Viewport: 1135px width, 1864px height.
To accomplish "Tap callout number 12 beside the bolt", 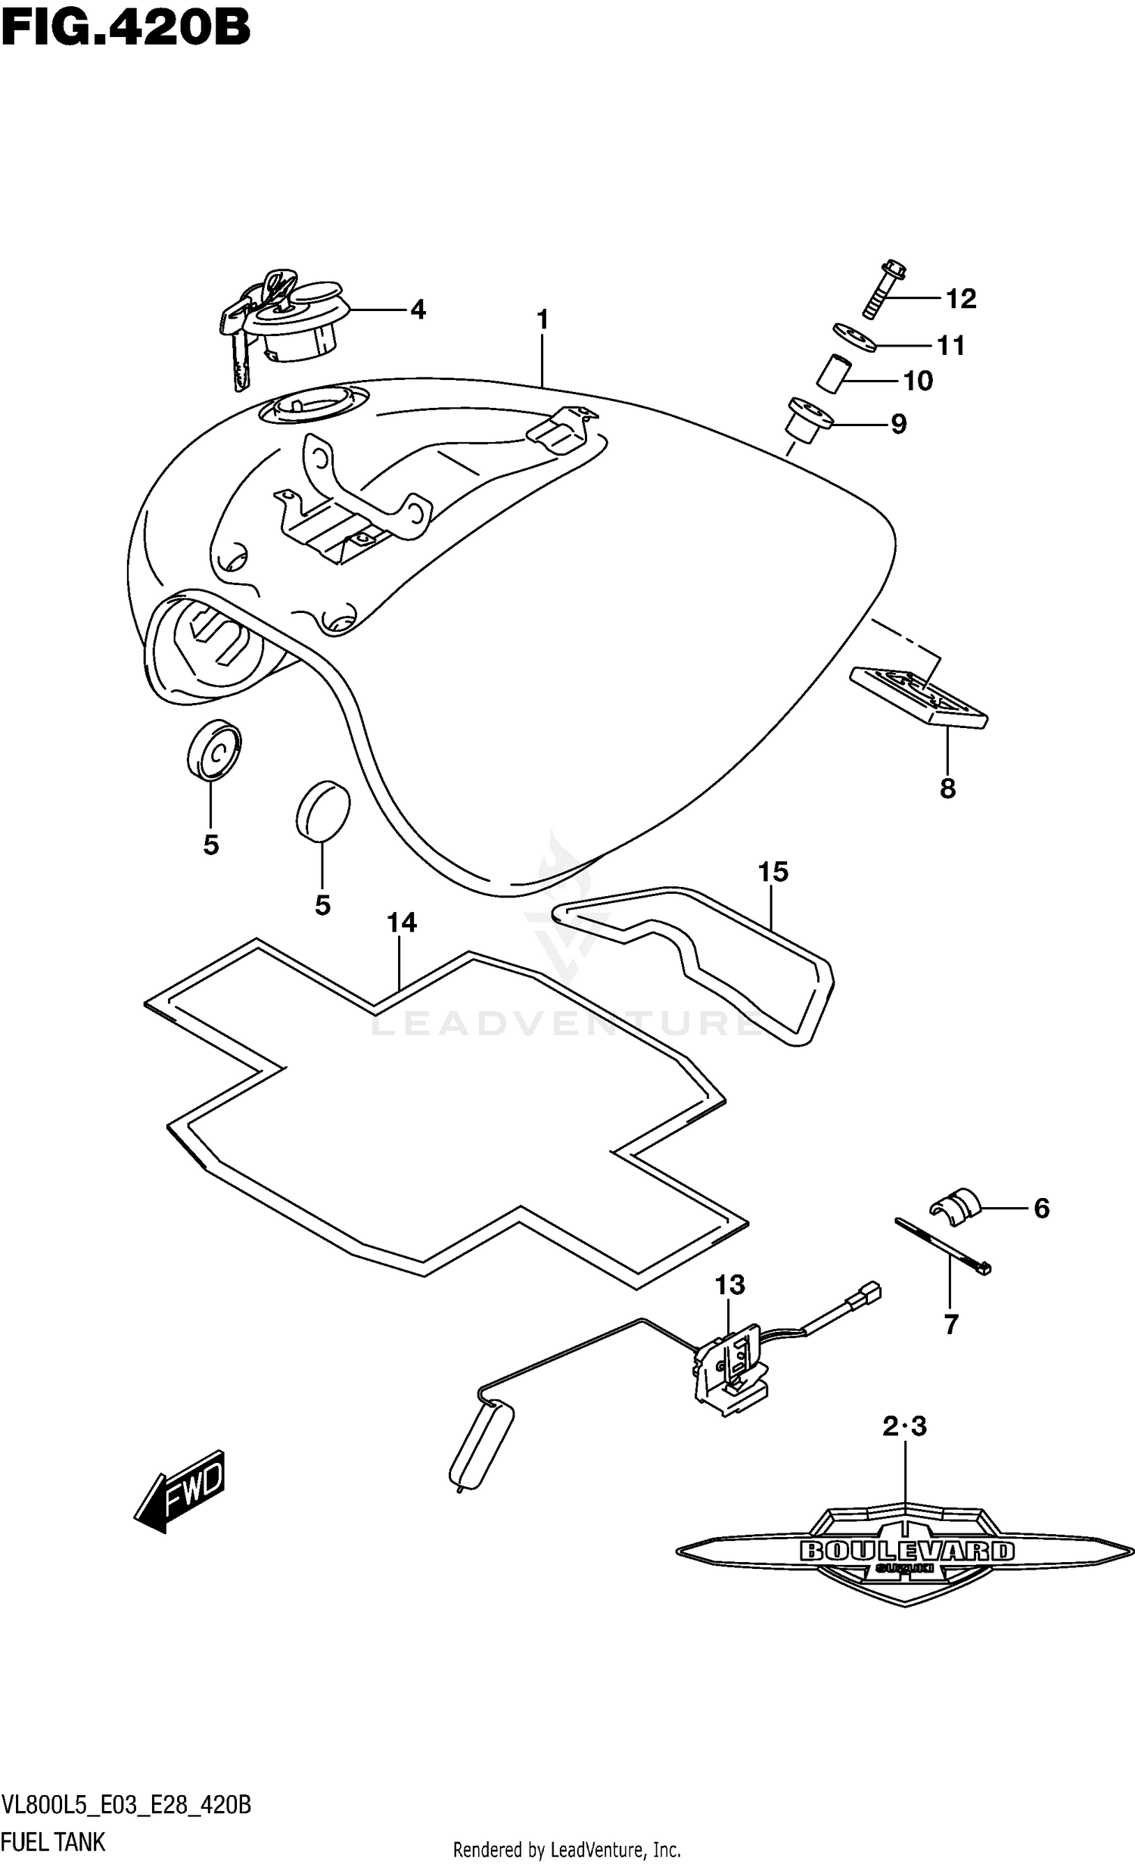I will click(x=961, y=300).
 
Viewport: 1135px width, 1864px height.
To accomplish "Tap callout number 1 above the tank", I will click(x=542, y=320).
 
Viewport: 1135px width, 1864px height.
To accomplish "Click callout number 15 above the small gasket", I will click(x=773, y=872).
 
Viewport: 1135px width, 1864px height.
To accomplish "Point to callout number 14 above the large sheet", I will click(x=402, y=923).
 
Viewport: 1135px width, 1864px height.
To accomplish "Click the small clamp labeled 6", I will click(x=955, y=1203).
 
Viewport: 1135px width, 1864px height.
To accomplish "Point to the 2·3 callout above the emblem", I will click(x=905, y=1427).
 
